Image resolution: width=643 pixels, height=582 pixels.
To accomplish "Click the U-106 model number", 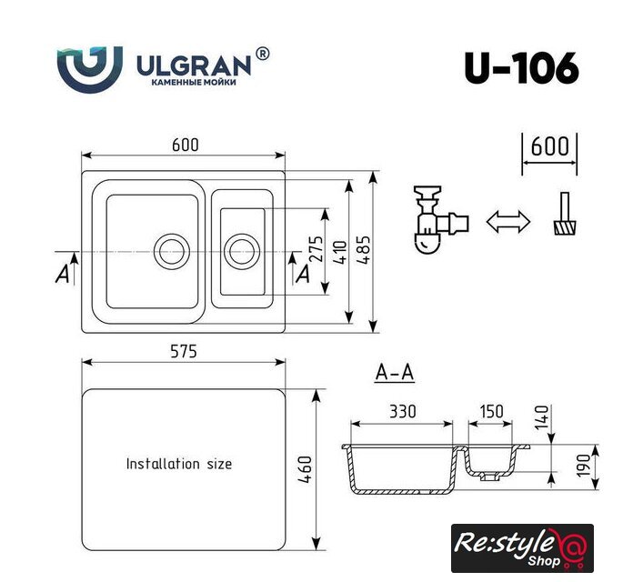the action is pos(522,68).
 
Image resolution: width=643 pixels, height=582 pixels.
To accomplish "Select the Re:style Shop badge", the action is pos(522,548).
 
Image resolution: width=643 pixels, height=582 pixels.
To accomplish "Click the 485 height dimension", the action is pos(364,249).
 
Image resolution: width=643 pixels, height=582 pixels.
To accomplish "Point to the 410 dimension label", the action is pos(340,252).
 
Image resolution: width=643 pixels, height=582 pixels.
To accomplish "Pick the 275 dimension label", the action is pos(316,248).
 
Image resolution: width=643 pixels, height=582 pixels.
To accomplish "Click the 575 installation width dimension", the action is pos(184,352).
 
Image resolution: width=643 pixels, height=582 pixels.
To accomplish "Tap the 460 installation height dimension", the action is pos(305,469).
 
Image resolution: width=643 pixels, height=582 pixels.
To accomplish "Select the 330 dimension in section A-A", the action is pos(403,411).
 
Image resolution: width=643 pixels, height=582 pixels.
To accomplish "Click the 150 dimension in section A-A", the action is pos(491,411).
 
